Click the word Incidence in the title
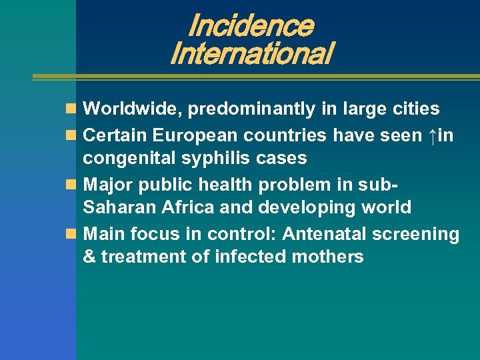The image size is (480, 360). tap(250, 26)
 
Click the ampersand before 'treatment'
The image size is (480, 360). tap(89, 257)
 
